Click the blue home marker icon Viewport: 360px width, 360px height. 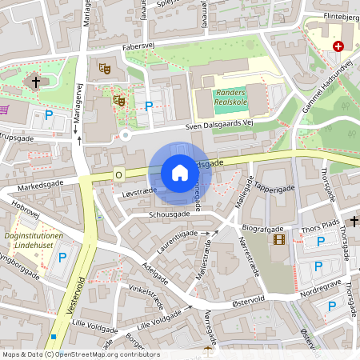click(180, 173)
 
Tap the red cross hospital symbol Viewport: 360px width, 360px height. click(338, 46)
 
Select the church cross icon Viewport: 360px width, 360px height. click(34, 81)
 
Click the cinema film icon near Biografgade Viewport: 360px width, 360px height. click(278, 238)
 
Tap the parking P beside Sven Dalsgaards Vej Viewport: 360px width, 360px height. click(148, 106)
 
